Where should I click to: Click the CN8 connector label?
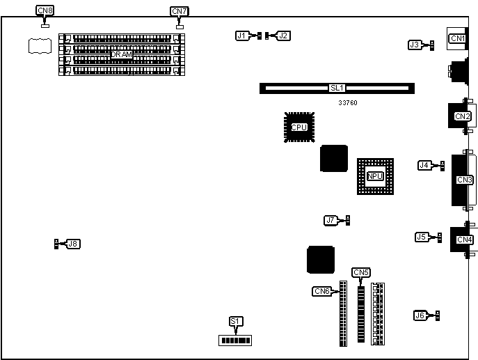(x=45, y=11)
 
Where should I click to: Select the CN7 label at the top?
(x=179, y=11)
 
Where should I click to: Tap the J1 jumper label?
(x=242, y=35)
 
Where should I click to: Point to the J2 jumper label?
(x=283, y=35)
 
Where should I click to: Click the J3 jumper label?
(x=415, y=45)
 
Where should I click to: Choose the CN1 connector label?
(x=457, y=38)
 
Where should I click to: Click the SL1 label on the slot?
(x=337, y=88)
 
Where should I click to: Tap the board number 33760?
(x=348, y=103)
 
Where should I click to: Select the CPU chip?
(x=299, y=127)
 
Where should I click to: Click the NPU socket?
(x=376, y=176)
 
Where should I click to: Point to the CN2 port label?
(x=462, y=116)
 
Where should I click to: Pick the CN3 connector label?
(x=464, y=180)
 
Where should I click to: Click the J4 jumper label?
(x=424, y=165)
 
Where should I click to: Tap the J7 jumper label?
(x=330, y=220)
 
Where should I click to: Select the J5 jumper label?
(x=422, y=237)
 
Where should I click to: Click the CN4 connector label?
(x=464, y=240)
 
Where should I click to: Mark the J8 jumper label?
(x=72, y=244)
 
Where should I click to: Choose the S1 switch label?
(x=236, y=321)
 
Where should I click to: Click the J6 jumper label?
(x=420, y=315)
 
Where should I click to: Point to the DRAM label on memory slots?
(x=121, y=54)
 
